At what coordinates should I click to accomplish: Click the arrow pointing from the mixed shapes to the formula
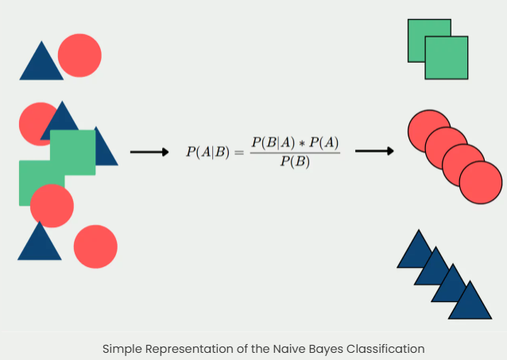tap(149, 152)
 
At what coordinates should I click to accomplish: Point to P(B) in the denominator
tap(295, 161)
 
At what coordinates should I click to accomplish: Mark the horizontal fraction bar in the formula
tap(295, 152)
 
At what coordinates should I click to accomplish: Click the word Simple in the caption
tap(121, 348)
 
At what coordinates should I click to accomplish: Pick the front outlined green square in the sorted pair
tap(447, 58)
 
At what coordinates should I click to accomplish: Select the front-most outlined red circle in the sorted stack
tap(481, 182)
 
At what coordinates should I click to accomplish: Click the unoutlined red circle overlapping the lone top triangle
tap(81, 55)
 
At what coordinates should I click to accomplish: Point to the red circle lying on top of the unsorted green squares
tap(52, 206)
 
